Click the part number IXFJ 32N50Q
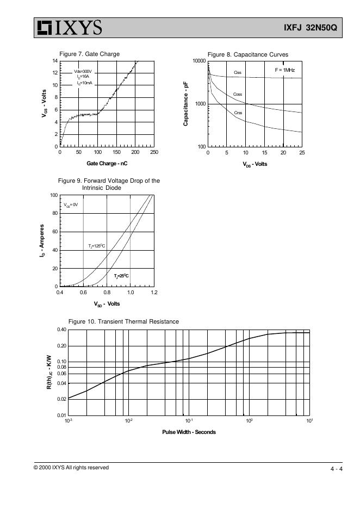(x=311, y=28)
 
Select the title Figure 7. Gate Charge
(x=89, y=54)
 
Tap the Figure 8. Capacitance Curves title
(x=247, y=54)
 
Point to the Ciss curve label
(x=238, y=72)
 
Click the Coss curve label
(x=238, y=95)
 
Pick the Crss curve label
(x=238, y=113)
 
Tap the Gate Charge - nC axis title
(x=107, y=164)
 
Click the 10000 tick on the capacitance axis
(x=199, y=61)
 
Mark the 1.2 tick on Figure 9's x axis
(x=154, y=293)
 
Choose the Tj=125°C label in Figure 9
(x=96, y=246)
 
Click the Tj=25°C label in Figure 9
(x=121, y=276)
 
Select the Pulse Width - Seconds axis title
(x=189, y=432)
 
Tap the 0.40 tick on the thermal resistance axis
(x=61, y=330)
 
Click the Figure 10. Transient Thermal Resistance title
(x=123, y=321)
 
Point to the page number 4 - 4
(x=336, y=469)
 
